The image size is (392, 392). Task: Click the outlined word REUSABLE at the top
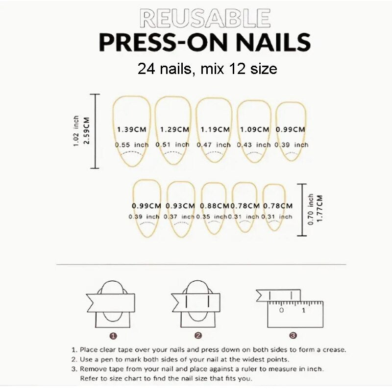click(x=205, y=18)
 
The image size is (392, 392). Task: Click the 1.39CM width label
click(x=131, y=130)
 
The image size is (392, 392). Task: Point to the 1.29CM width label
click(x=174, y=130)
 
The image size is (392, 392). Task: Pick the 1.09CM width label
click(x=254, y=130)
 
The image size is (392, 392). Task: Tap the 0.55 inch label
click(x=132, y=145)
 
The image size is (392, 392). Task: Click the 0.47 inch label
click(x=214, y=145)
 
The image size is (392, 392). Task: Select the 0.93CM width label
click(x=180, y=206)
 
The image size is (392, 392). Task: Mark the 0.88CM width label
click(x=215, y=206)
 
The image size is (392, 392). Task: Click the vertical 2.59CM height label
click(x=86, y=131)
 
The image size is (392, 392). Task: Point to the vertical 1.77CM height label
click(x=320, y=210)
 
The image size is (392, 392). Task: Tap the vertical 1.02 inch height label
click(x=76, y=131)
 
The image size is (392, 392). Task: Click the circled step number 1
click(x=113, y=336)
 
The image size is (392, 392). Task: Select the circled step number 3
click(x=293, y=336)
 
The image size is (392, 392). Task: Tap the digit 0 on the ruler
click(x=281, y=310)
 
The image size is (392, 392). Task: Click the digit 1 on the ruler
click(x=303, y=310)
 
